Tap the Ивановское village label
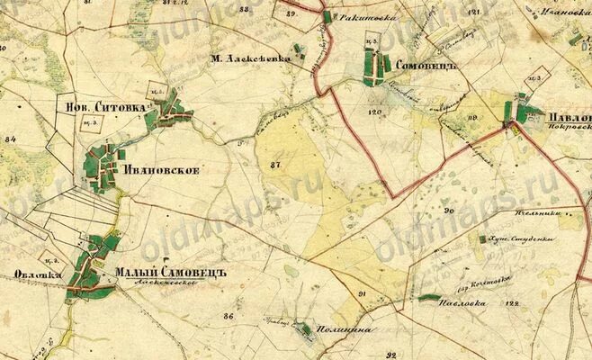(x=160, y=169)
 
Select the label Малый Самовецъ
(x=169, y=273)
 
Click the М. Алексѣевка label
(x=251, y=58)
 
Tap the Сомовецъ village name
(x=427, y=67)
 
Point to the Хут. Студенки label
(x=522, y=240)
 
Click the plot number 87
(x=274, y=165)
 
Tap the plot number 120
(x=375, y=112)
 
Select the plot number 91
(x=363, y=294)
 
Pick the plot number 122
(x=514, y=304)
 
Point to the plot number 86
(x=229, y=316)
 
